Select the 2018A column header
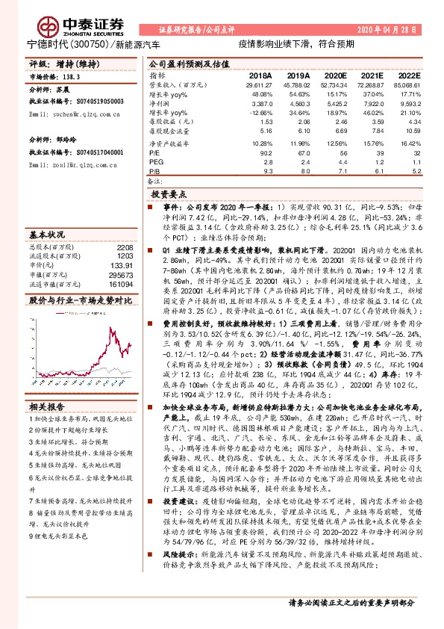(x=260, y=76)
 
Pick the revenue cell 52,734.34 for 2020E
(x=334, y=87)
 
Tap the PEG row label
(x=155, y=161)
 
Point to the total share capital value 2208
(x=125, y=246)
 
